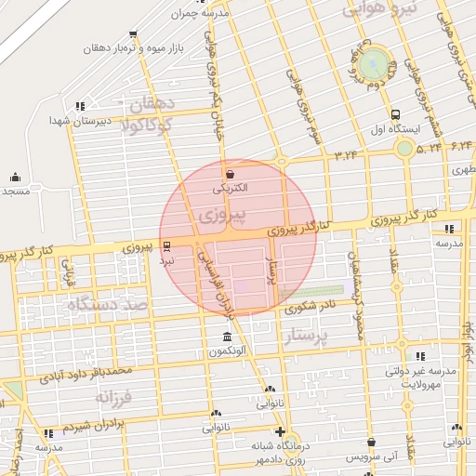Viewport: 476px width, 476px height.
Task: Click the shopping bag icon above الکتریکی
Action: click(229, 174)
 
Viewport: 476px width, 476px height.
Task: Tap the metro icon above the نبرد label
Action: click(166, 246)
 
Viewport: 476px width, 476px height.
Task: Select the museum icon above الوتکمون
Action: click(228, 337)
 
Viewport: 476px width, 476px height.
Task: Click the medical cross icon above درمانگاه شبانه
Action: click(280, 431)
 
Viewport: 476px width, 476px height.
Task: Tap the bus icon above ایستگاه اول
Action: click(397, 114)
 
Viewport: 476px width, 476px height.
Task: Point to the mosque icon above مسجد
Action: click(15, 177)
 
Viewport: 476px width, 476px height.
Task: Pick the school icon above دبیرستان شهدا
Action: click(81, 106)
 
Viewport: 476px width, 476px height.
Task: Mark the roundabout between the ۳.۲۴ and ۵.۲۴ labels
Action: click(404, 148)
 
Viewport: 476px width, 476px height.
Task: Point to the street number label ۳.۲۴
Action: click(346, 153)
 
